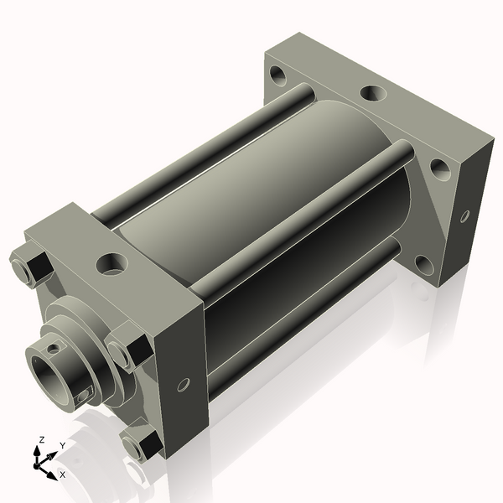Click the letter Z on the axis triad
[42, 438]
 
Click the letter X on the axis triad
[62, 474]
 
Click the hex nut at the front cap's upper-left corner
[29, 265]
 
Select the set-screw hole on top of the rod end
[54, 345]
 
